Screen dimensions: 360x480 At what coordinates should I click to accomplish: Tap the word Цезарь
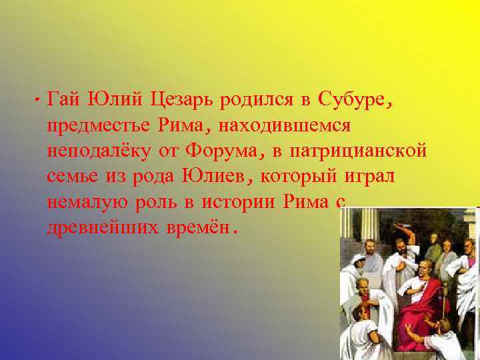tap(177, 101)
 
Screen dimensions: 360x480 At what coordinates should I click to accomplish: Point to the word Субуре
tap(351, 101)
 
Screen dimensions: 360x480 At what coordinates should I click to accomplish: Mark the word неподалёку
tap(99, 151)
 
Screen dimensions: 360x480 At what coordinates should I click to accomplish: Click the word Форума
tap(225, 151)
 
